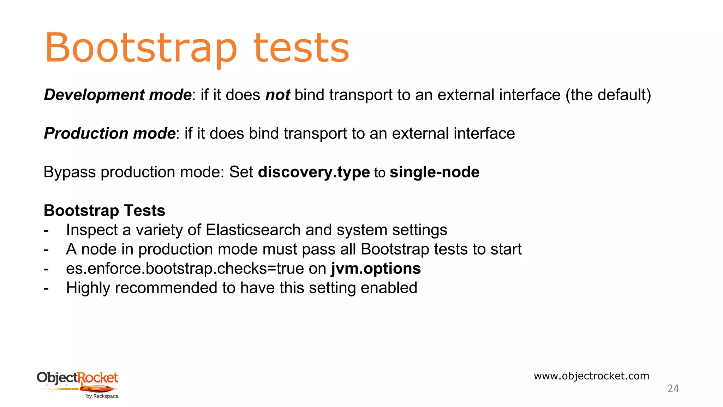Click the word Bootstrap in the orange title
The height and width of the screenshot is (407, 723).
[x=141, y=48]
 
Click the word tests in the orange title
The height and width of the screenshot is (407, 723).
[x=301, y=48]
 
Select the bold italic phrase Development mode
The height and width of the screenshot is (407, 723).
[x=118, y=95]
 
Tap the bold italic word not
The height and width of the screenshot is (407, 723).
[x=277, y=95]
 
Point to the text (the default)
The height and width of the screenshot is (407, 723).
[x=608, y=95]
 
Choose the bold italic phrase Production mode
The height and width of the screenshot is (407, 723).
[x=109, y=134]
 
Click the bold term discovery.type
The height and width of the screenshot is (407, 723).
[x=314, y=172]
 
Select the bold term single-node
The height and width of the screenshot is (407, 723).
[x=434, y=172]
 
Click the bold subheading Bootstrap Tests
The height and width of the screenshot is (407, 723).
[x=104, y=211]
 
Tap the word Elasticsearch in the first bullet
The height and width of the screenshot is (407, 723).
[x=253, y=230]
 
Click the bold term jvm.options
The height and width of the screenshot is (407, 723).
[x=376, y=269]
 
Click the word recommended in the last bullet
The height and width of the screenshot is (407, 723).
[x=166, y=288]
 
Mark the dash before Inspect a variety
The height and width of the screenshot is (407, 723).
[x=46, y=230]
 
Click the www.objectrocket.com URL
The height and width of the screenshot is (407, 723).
[x=591, y=376]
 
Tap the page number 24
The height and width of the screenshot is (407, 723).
[x=673, y=389]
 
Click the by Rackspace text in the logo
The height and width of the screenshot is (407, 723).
[x=102, y=396]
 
